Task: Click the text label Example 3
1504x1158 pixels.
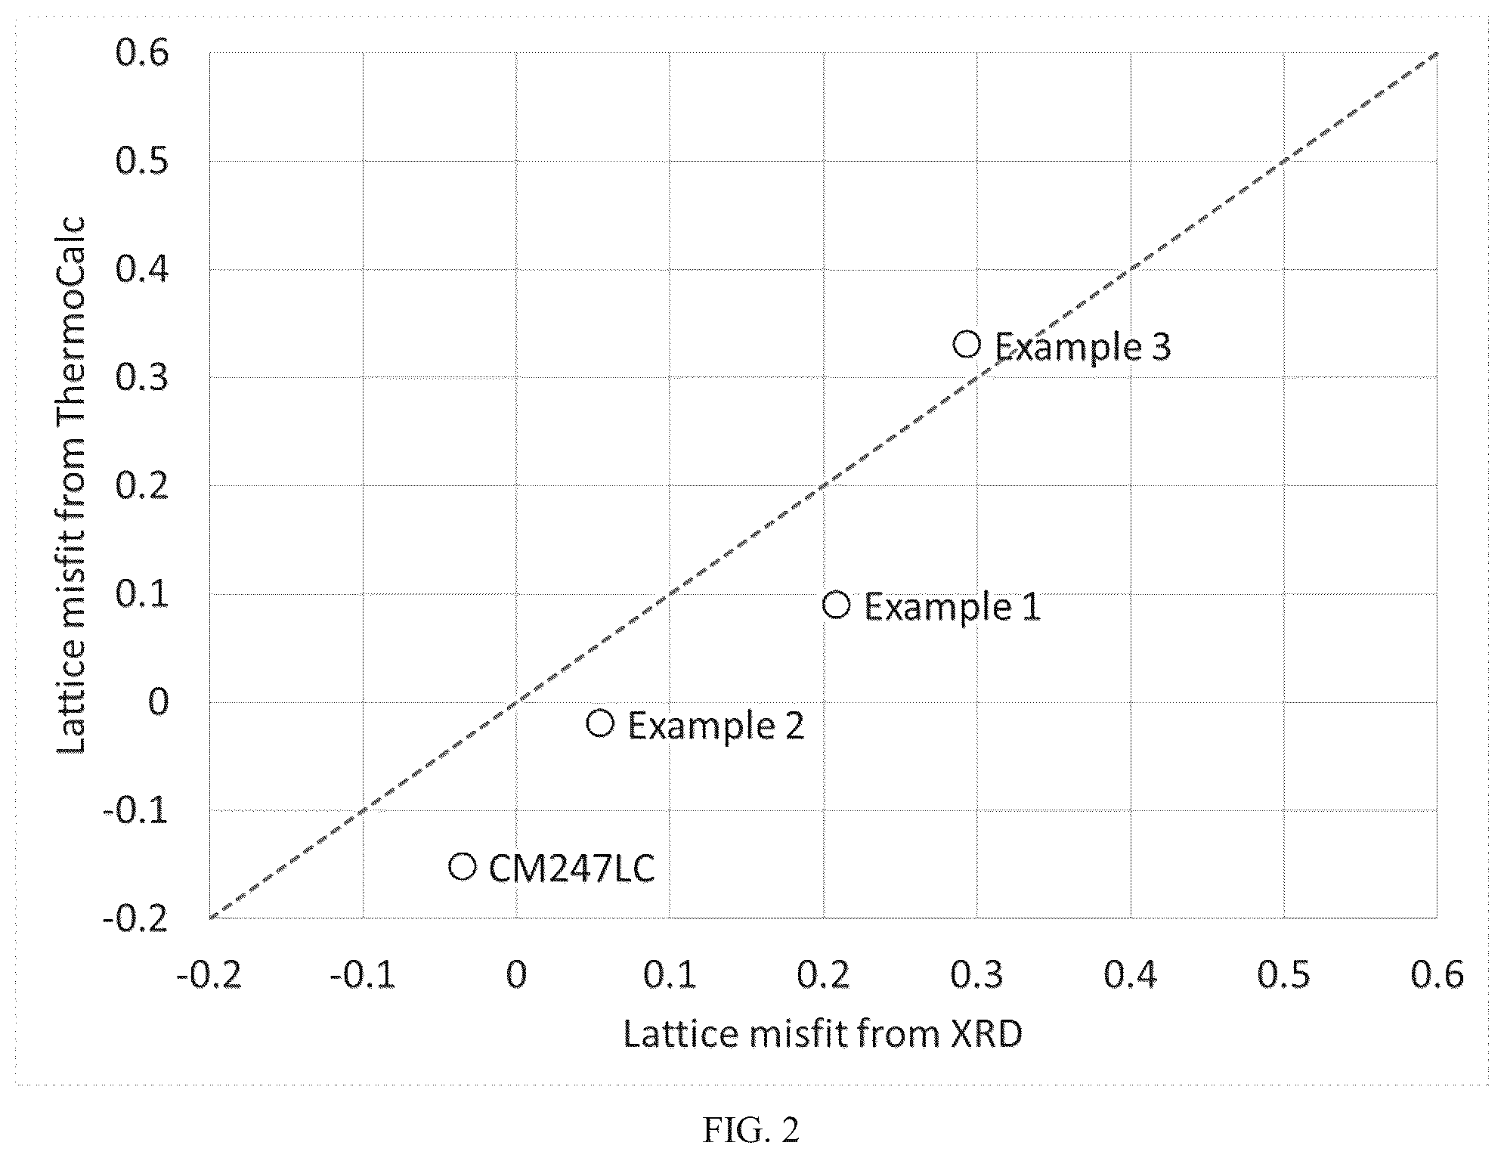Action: tap(1082, 347)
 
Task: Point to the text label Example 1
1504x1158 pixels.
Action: tap(952, 607)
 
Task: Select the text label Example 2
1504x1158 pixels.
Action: tap(716, 726)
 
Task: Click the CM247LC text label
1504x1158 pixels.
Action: tap(571, 868)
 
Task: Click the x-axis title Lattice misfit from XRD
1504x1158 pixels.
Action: tap(822, 1033)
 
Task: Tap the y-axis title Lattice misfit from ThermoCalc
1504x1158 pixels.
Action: tap(73, 485)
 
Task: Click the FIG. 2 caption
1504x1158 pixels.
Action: tap(750, 1131)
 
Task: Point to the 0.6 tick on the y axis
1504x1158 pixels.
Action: tap(141, 54)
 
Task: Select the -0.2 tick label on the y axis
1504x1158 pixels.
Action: tap(135, 919)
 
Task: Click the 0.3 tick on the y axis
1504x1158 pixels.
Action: tap(141, 378)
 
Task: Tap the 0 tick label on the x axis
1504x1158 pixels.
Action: tap(516, 974)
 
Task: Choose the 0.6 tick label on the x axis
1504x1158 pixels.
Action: tap(1437, 974)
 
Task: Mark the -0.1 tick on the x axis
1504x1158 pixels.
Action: tap(362, 974)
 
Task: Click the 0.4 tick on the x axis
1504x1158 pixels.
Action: tap(1130, 974)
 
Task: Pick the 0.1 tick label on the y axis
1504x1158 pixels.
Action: tap(141, 594)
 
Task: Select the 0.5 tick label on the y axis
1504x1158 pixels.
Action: tap(141, 162)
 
